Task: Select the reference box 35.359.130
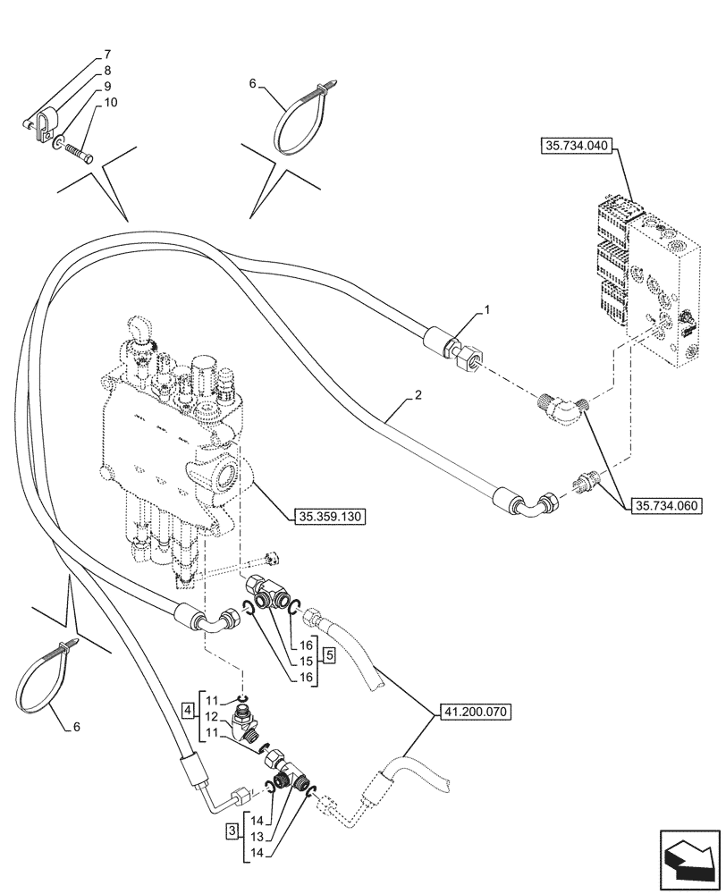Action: (x=329, y=516)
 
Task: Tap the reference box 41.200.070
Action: (x=474, y=713)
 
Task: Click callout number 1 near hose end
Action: (x=486, y=310)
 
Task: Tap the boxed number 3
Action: (x=232, y=831)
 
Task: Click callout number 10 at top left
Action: (x=110, y=103)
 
